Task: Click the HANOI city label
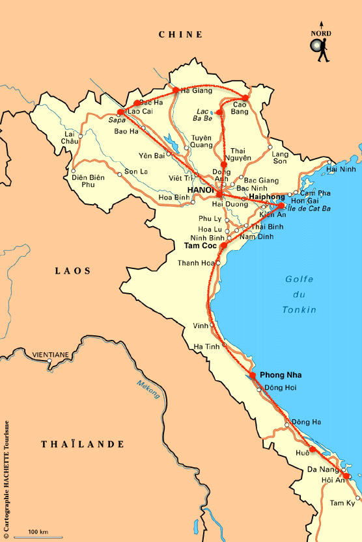tap(201, 190)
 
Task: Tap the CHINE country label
tap(181, 34)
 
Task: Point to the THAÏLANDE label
tap(83, 445)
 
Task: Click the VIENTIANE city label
tap(50, 354)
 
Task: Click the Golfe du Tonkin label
tap(299, 294)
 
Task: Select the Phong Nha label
tap(281, 376)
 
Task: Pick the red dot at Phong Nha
tap(253, 375)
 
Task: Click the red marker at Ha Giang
tap(176, 90)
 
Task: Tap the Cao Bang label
tap(241, 108)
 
